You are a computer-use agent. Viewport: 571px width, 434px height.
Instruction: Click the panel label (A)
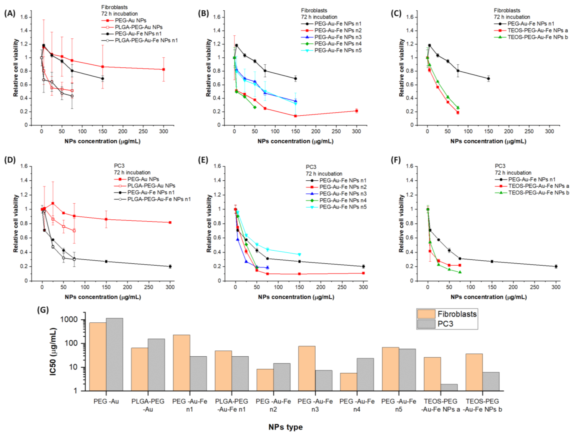(x=10, y=13)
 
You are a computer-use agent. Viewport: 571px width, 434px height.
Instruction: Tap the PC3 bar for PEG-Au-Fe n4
(x=365, y=374)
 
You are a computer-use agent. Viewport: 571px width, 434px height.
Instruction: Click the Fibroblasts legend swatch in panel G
(x=426, y=314)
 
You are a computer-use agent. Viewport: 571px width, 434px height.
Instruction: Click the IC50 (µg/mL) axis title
(x=53, y=351)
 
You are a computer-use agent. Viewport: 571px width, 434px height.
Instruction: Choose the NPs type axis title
(x=286, y=427)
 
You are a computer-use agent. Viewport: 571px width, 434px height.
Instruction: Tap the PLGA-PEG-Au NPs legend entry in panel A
(x=138, y=27)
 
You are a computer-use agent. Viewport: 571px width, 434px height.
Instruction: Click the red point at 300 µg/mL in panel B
(x=357, y=111)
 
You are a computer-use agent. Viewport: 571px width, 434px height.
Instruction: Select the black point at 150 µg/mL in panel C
(x=488, y=79)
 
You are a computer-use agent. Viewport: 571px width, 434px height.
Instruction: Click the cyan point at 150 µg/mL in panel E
(x=299, y=254)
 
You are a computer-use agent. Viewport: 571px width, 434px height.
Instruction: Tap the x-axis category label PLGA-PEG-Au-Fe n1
(x=232, y=405)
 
